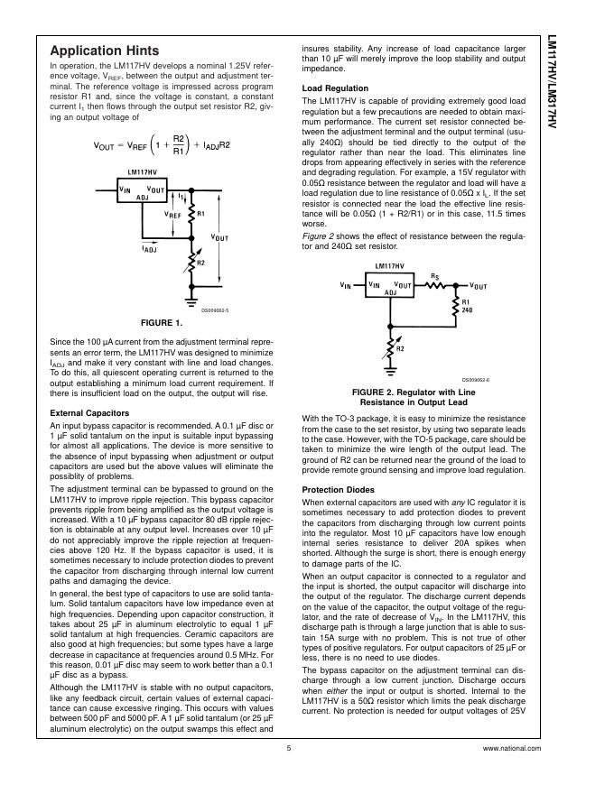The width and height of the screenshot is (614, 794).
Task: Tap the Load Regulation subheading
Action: point(335,88)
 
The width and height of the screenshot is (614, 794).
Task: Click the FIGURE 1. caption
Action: point(163,322)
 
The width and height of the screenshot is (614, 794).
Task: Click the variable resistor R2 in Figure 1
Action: point(191,263)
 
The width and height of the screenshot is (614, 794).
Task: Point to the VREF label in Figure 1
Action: point(172,216)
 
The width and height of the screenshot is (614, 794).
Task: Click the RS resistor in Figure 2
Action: point(435,284)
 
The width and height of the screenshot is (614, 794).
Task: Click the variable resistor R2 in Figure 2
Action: point(389,345)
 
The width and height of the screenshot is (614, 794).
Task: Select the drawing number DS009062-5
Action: point(215,309)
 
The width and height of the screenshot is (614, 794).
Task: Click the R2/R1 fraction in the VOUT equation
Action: point(178,143)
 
